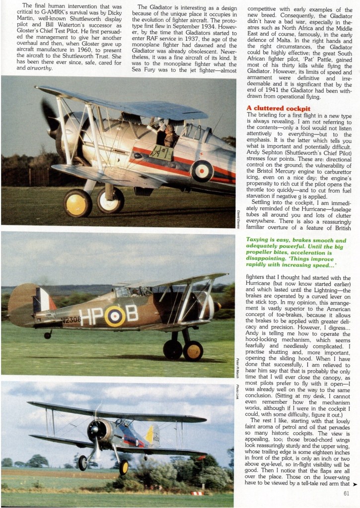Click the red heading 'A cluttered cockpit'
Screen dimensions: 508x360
point(278,108)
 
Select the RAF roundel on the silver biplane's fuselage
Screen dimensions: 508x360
point(202,170)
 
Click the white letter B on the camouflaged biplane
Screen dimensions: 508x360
point(132,313)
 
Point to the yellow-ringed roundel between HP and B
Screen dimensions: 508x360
point(115,316)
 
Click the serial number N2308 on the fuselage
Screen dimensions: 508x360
point(72,320)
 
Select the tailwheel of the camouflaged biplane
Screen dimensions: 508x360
point(48,335)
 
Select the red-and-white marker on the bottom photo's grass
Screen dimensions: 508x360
point(197,493)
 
